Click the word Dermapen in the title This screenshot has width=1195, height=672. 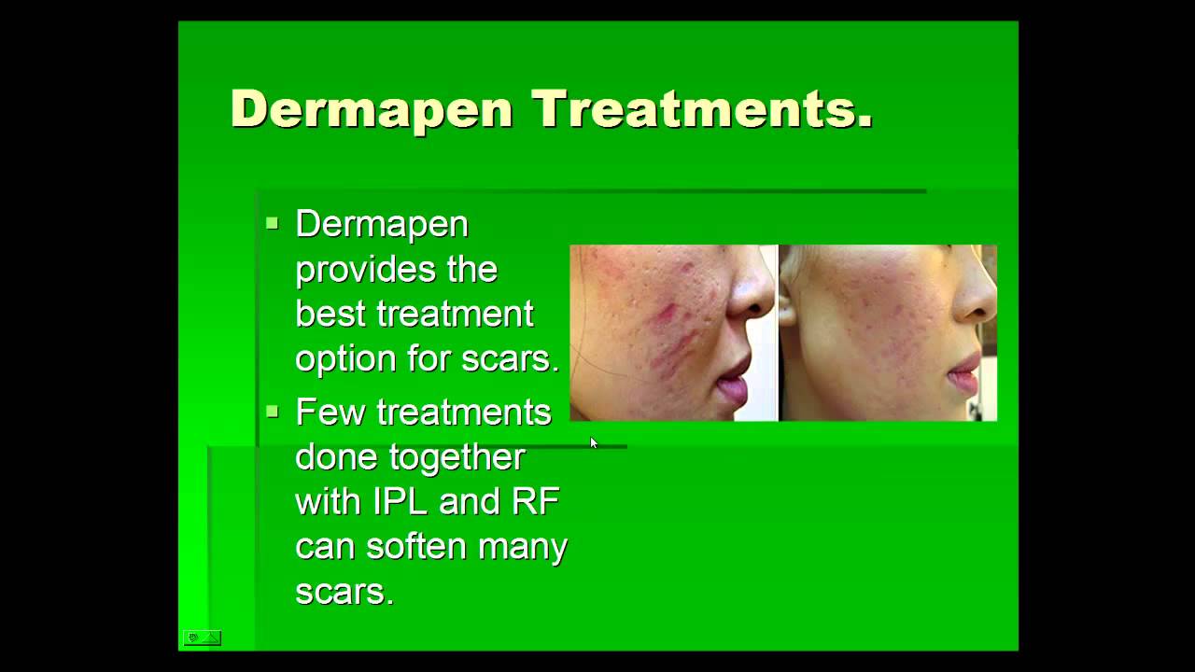click(372, 109)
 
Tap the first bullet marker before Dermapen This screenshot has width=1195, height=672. click(272, 223)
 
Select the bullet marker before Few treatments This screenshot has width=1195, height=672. click(272, 411)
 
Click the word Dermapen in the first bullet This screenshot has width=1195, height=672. click(382, 225)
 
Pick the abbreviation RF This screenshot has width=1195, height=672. click(535, 501)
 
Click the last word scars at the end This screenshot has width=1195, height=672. click(344, 592)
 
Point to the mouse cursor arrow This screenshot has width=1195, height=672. click(593, 442)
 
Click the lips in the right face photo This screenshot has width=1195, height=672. click(959, 378)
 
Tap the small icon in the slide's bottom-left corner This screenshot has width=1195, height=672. click(202, 638)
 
